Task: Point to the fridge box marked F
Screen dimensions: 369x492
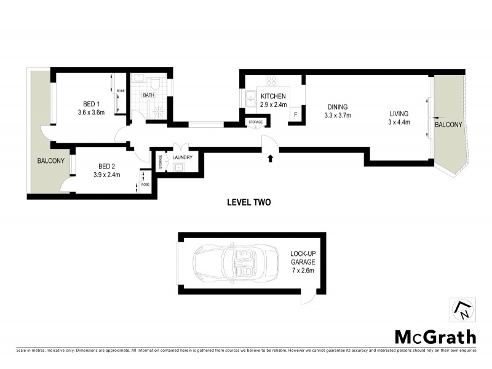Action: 295,115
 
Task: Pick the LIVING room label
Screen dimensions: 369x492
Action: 399,113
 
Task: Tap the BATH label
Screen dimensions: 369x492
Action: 149,95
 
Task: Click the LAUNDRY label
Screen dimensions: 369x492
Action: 183,157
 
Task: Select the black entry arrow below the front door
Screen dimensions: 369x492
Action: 270,159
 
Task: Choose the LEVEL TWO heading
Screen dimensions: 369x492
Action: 248,202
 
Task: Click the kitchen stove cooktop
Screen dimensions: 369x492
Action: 271,81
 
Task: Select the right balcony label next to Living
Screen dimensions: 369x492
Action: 448,125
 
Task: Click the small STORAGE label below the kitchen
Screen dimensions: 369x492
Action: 255,122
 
